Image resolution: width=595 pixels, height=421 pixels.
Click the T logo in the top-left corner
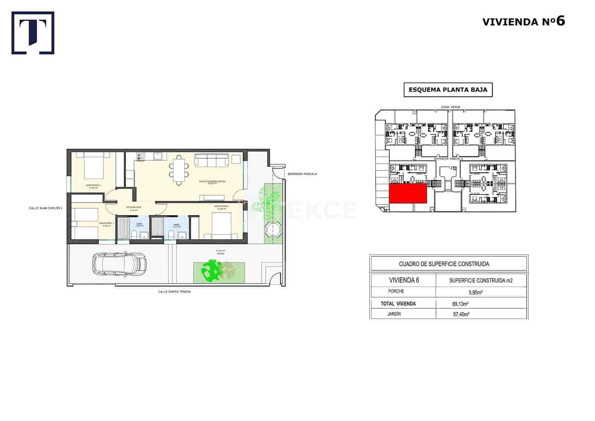[x=33, y=33]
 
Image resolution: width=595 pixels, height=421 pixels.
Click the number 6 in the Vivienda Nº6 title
[x=560, y=21]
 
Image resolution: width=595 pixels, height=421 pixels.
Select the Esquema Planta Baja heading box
[x=448, y=90]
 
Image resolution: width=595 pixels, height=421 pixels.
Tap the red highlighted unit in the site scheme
[x=408, y=193]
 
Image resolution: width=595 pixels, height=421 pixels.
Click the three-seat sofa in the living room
[x=212, y=161]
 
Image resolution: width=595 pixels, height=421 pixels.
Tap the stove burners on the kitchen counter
[x=141, y=157]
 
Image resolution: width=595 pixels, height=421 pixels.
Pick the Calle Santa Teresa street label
[x=174, y=292]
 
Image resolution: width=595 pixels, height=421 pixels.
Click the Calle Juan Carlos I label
[x=45, y=208]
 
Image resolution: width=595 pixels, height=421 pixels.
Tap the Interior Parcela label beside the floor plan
[x=302, y=174]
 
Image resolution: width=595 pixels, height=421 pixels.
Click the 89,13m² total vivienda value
[x=460, y=304]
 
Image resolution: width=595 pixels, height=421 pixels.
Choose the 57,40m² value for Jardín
[x=460, y=314]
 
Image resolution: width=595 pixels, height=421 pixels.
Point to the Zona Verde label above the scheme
[x=450, y=107]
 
